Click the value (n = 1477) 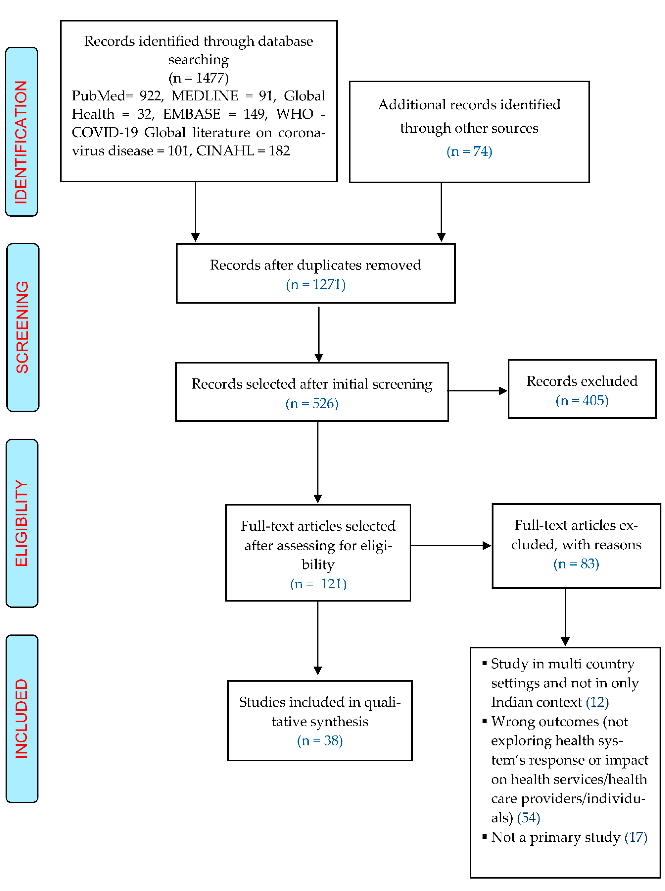(x=198, y=77)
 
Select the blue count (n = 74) (x=469, y=151)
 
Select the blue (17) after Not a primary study (x=636, y=837)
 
